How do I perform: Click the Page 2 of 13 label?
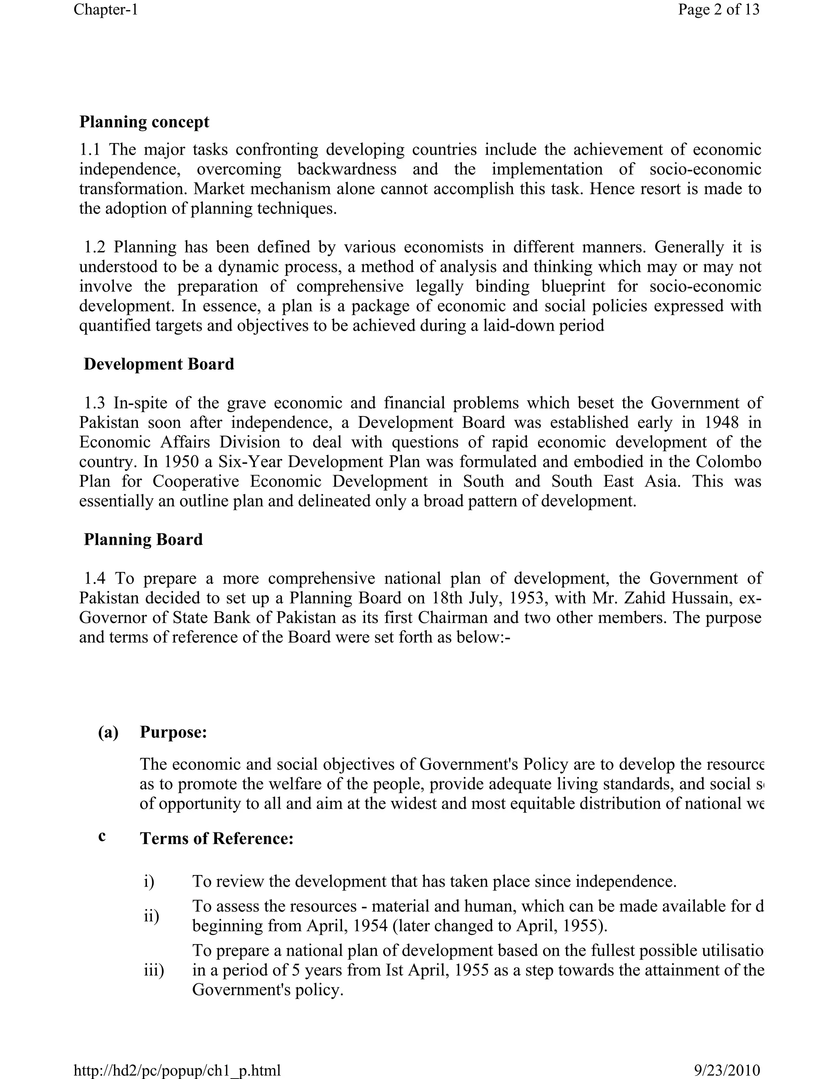[x=718, y=9]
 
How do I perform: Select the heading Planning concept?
[x=144, y=122]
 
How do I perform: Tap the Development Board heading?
[x=158, y=364]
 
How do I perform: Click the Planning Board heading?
[x=143, y=539]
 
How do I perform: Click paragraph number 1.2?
[x=95, y=247]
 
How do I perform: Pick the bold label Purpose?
[x=173, y=732]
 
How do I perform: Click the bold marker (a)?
[x=108, y=732]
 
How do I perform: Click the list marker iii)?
[x=154, y=971]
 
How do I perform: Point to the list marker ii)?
[x=151, y=917]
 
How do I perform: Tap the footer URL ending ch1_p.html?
[x=177, y=1070]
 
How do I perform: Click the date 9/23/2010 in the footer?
[x=727, y=1070]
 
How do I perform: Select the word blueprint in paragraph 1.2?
[x=575, y=287]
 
